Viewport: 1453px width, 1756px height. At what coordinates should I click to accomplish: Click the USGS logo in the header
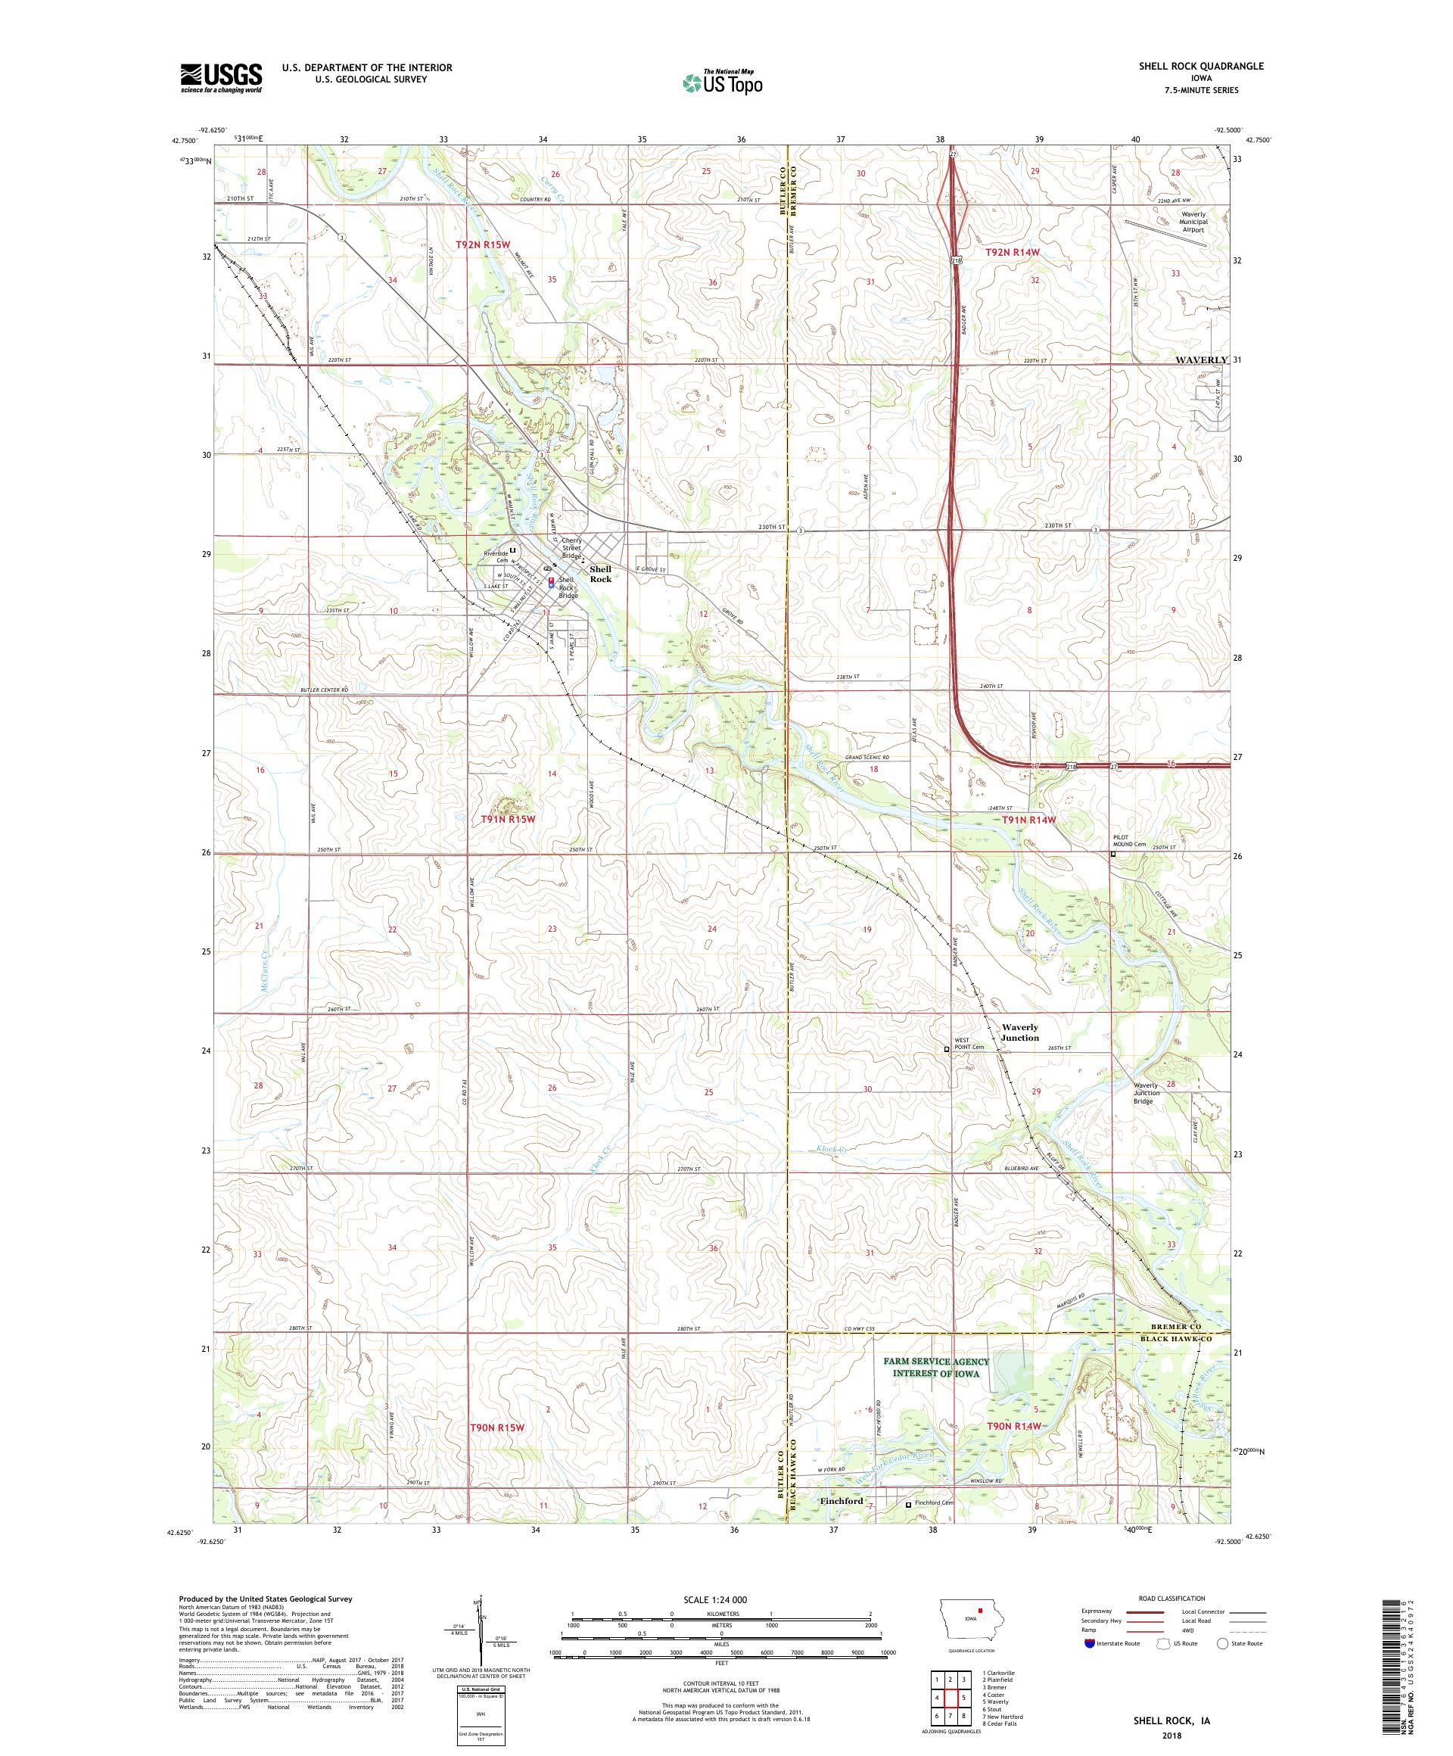pyautogui.click(x=221, y=78)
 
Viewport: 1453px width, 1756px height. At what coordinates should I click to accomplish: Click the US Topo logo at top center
pyautogui.click(x=722, y=81)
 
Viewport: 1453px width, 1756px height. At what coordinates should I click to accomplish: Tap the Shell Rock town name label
pyautogui.click(x=600, y=574)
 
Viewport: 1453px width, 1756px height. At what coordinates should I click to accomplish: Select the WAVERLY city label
pyautogui.click(x=1201, y=360)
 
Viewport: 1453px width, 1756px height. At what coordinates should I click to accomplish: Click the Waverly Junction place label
pyautogui.click(x=1019, y=1032)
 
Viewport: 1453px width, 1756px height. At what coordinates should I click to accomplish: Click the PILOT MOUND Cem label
pyautogui.click(x=1134, y=841)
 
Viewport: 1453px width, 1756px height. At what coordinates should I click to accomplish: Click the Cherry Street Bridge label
pyautogui.click(x=571, y=548)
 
